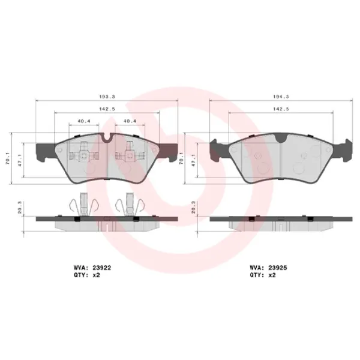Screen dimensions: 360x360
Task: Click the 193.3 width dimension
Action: click(x=107, y=96)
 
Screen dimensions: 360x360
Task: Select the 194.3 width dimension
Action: click(x=281, y=96)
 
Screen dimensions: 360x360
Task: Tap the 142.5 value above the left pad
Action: click(x=107, y=109)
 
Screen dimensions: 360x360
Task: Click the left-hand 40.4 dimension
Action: click(x=83, y=122)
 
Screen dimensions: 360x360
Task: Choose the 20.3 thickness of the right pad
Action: click(x=193, y=209)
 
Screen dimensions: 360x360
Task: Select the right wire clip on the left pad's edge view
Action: click(x=128, y=206)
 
